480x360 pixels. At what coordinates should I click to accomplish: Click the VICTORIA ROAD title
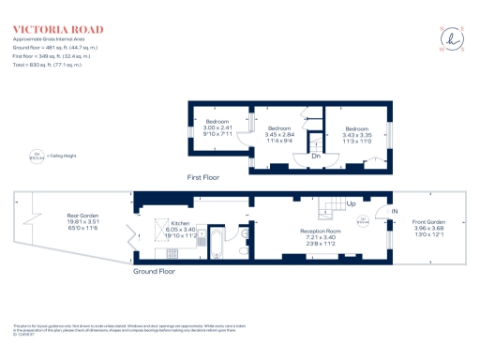(x=45, y=30)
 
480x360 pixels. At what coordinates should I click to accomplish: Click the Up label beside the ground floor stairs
(x=351, y=203)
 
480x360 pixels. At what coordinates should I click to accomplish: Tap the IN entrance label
(x=394, y=211)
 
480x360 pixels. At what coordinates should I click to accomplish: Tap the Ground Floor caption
(x=154, y=271)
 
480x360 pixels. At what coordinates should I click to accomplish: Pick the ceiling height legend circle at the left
(x=37, y=157)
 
